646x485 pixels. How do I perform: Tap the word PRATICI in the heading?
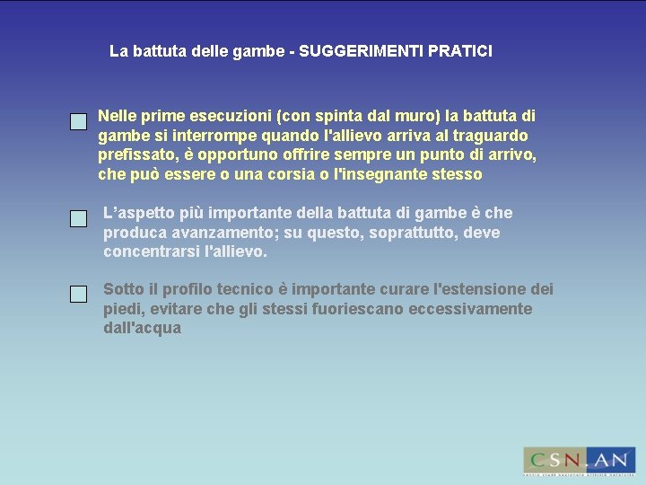pos(460,51)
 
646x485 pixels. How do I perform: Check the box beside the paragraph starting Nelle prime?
pos(79,121)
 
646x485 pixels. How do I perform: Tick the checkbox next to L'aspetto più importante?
pos(79,218)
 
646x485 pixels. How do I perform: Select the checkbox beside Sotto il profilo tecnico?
pos(79,294)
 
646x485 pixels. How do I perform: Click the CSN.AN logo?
pos(579,460)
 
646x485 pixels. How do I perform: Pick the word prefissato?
pos(135,154)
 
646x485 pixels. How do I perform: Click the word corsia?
pos(278,174)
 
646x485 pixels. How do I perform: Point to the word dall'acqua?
pos(142,329)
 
